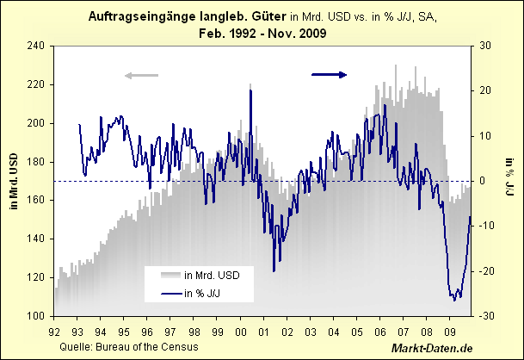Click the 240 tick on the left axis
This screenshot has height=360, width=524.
(36, 46)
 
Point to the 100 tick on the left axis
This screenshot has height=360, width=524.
(36, 316)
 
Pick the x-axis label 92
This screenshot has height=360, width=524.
(55, 330)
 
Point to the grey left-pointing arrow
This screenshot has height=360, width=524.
(142, 76)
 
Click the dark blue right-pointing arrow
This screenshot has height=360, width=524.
(329, 75)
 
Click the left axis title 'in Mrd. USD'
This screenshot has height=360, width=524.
(15, 181)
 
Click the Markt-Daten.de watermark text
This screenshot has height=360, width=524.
(431, 347)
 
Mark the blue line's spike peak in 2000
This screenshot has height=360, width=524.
(250, 90)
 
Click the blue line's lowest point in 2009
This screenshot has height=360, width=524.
(453, 300)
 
